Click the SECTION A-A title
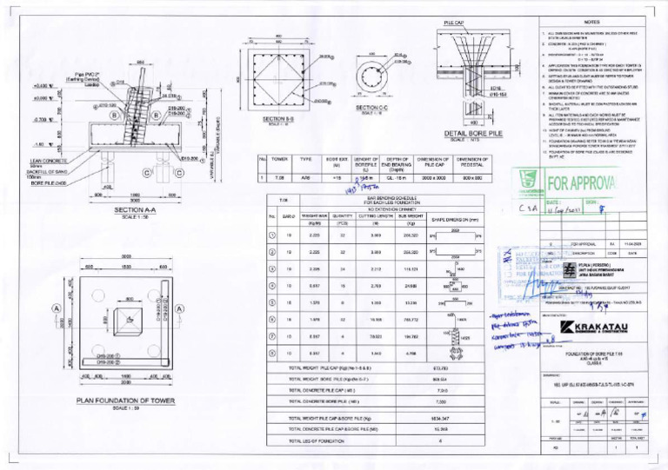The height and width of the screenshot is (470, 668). point(128,209)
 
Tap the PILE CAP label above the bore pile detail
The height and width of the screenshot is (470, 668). point(454,23)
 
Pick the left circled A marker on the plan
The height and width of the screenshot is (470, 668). point(57,308)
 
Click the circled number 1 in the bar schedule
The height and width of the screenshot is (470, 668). point(272,235)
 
